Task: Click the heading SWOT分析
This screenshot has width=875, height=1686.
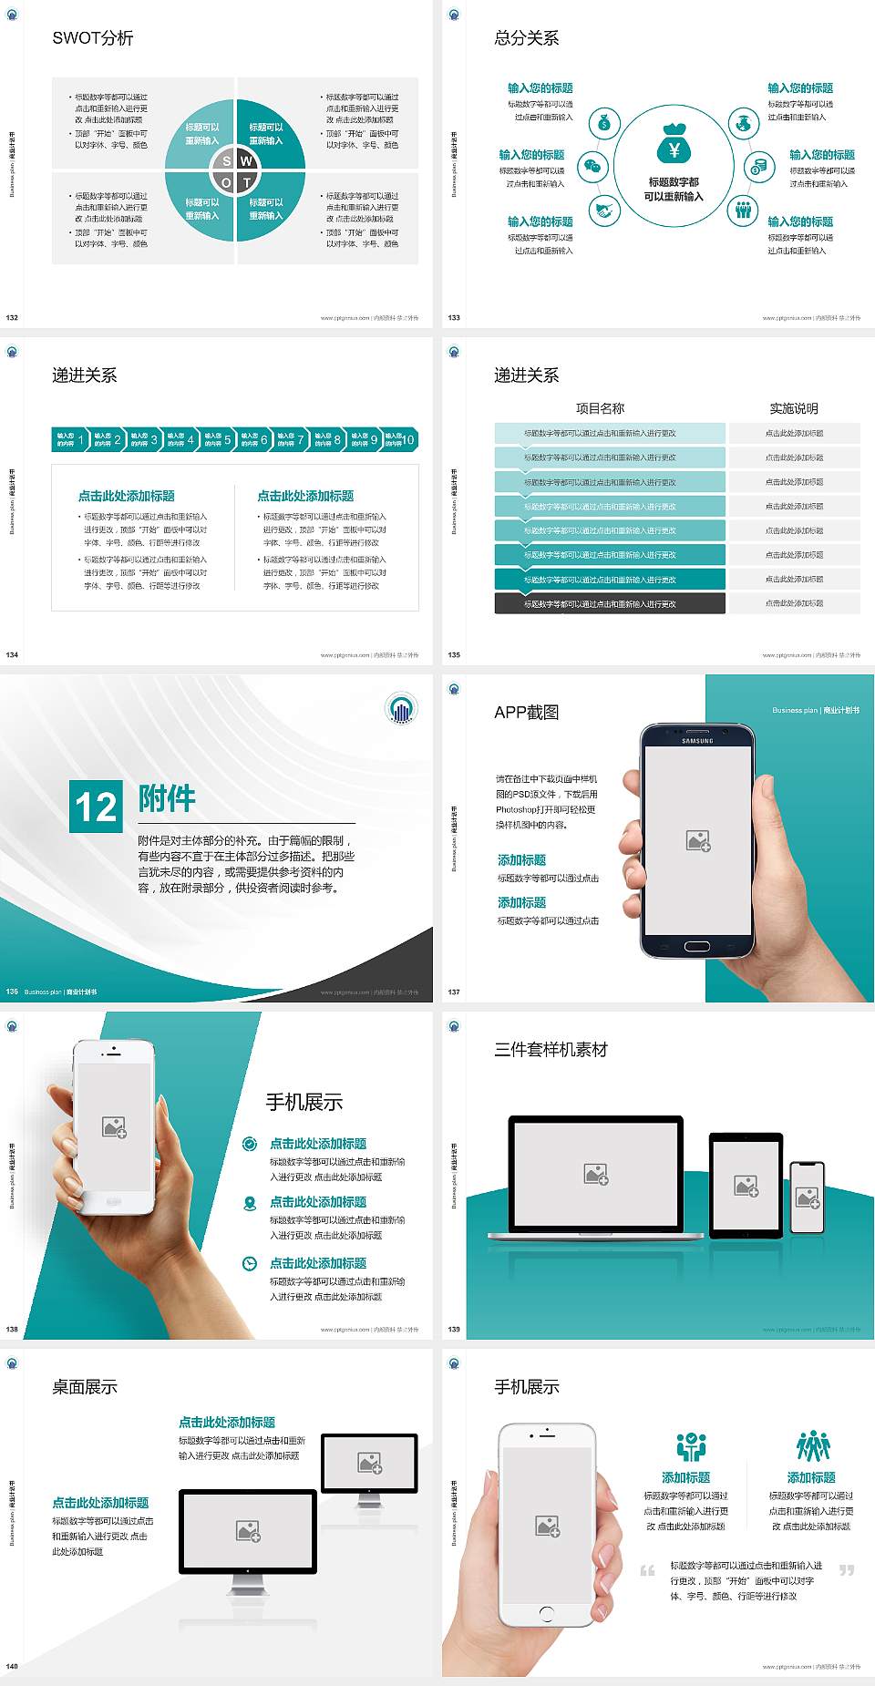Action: click(x=93, y=38)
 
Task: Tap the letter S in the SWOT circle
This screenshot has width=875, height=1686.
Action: click(x=227, y=161)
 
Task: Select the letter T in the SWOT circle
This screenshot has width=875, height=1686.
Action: click(x=247, y=182)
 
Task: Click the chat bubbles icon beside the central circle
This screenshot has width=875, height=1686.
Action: click(x=593, y=167)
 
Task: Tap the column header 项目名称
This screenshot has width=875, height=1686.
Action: click(x=600, y=408)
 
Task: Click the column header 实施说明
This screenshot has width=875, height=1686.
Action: click(x=794, y=408)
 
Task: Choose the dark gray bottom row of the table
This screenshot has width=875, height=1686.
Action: click(x=610, y=603)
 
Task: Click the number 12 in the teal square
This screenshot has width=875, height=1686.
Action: click(x=96, y=807)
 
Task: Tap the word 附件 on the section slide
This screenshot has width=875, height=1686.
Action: click(x=167, y=798)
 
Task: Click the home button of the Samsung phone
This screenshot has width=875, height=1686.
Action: click(x=697, y=946)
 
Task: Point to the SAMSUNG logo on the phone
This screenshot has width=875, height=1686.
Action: click(x=697, y=741)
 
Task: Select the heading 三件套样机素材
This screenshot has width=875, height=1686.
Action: click(x=551, y=1050)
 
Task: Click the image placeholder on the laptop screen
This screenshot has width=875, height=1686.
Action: click(x=596, y=1174)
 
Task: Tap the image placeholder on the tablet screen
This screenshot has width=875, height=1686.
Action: click(x=746, y=1186)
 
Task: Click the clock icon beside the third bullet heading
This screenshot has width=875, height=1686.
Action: click(x=250, y=1263)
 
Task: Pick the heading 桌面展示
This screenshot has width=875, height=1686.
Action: click(x=85, y=1387)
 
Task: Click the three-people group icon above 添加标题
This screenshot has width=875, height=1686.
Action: click(x=813, y=1446)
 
